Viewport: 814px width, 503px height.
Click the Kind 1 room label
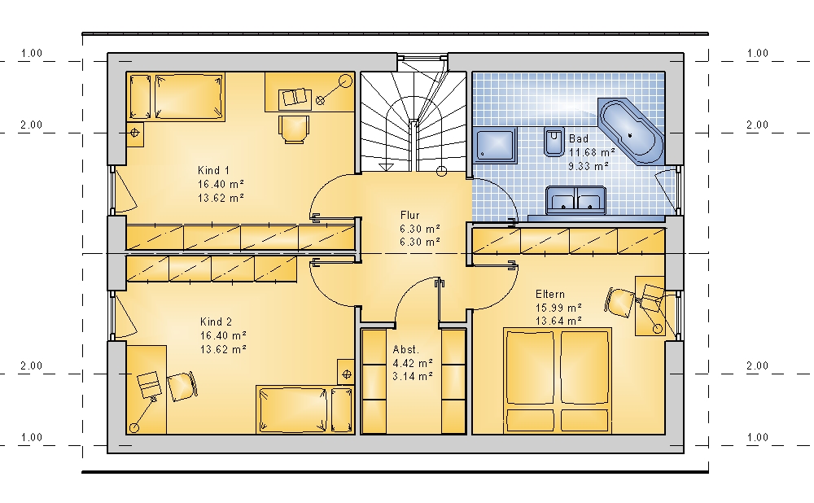point(213,170)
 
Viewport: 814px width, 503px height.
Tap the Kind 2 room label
point(216,321)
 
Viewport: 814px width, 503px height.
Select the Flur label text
point(409,215)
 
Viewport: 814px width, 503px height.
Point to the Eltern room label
point(550,295)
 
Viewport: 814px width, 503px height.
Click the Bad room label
point(579,138)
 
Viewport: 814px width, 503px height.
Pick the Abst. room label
point(406,349)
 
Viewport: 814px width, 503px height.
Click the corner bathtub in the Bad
point(631,130)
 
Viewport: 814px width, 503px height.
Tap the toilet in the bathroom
point(554,141)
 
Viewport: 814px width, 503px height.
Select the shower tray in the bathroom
point(495,145)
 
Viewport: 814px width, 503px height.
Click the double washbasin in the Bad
point(576,200)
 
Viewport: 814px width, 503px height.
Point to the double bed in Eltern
point(557,380)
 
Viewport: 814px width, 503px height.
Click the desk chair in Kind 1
point(294,129)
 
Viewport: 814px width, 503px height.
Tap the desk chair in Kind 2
point(182,386)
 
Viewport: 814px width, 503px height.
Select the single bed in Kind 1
point(176,97)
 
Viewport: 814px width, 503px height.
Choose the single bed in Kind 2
point(304,409)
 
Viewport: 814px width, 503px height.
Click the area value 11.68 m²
point(592,153)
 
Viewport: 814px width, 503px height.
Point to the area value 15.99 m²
point(558,308)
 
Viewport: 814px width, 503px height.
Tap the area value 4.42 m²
point(413,363)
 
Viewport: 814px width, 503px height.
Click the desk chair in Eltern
point(619,301)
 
